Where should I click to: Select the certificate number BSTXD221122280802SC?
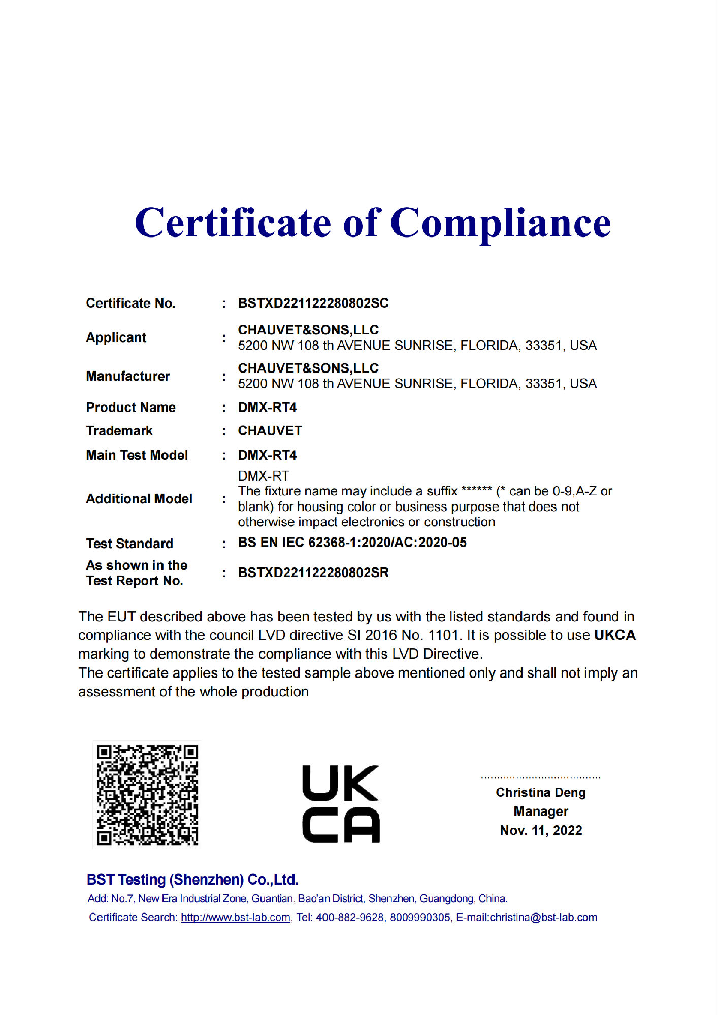[x=313, y=303]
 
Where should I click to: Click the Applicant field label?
[x=116, y=337]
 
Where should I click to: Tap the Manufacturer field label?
[x=128, y=376]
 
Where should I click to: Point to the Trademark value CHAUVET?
[x=270, y=431]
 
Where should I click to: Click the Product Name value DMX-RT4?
[x=267, y=407]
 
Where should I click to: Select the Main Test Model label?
[x=137, y=455]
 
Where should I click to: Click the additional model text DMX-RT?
[x=263, y=476]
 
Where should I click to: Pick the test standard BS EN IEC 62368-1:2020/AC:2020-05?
[x=352, y=543]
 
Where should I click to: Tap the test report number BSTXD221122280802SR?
[x=313, y=572]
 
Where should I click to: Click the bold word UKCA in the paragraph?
[x=614, y=635]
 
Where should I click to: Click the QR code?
[x=147, y=795]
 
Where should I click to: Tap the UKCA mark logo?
[x=341, y=804]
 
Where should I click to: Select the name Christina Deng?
[x=541, y=792]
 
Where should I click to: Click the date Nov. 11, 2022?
[x=541, y=830]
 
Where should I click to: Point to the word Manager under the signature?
[x=541, y=811]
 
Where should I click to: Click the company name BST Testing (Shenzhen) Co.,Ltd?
[x=192, y=879]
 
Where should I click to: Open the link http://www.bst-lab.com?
[x=236, y=917]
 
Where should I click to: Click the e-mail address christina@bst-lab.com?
[x=543, y=917]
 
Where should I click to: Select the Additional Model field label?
[x=139, y=499]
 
